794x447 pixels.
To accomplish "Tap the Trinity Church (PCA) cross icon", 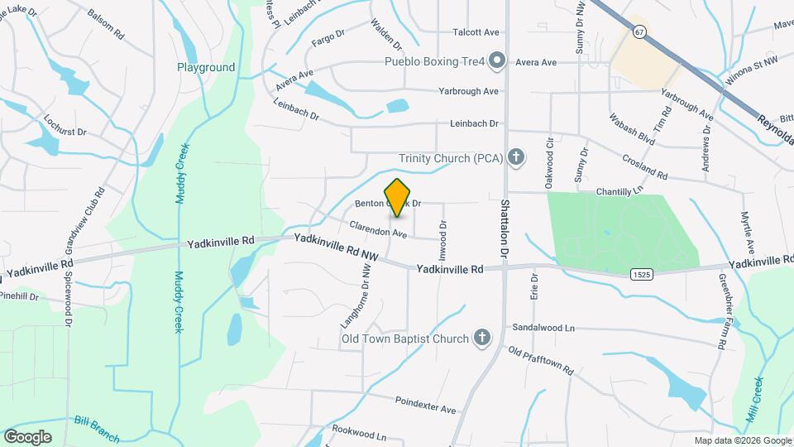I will tap(516, 157).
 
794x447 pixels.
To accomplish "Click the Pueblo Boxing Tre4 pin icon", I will tap(497, 60).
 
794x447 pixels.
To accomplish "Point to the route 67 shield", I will tap(639, 31).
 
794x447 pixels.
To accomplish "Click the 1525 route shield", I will tap(639, 273).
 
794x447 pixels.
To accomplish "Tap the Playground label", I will tap(206, 67).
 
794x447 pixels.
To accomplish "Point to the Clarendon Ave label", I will tap(378, 229).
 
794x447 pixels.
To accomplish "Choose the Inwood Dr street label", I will tap(443, 236).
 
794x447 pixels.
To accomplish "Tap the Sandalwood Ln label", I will tap(543, 328).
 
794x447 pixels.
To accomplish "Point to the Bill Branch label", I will tap(97, 429).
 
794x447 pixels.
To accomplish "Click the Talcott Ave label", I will tap(476, 32).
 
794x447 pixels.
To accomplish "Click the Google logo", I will tap(27, 436).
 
